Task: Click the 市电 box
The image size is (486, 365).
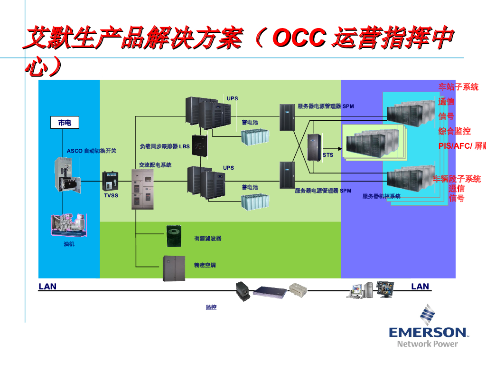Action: tap(65, 123)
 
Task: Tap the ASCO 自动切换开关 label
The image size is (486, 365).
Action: tap(92, 151)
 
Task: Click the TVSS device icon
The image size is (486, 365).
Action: tap(110, 182)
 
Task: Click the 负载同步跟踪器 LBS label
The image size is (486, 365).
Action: tap(165, 146)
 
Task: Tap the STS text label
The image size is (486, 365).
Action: tap(328, 155)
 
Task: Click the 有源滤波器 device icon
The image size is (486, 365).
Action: tap(174, 236)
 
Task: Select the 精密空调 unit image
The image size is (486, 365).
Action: tap(174, 268)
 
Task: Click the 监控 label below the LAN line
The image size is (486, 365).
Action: tap(211, 307)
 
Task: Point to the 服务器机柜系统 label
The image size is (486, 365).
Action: tap(382, 196)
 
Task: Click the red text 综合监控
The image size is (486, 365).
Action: tap(455, 131)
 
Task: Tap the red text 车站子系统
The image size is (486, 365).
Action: tap(458, 87)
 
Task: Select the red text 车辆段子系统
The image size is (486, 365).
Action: tap(457, 179)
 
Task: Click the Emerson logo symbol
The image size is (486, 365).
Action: tap(427, 315)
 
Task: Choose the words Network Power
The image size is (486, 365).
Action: tap(428, 344)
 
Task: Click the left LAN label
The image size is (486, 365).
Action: tap(47, 286)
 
